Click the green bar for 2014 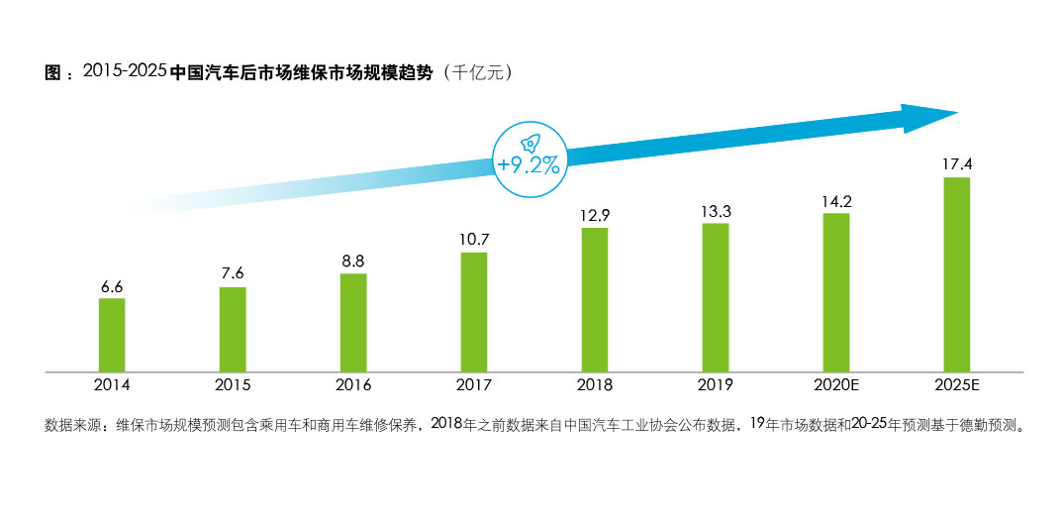pos(112,335)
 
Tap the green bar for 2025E pos(956,274)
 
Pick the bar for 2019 pos(716,297)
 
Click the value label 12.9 pos(595,214)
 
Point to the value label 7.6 pos(233,274)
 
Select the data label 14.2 pos(836,200)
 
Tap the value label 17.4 pos(957,164)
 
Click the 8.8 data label pos(353,261)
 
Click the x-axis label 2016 pos(353,385)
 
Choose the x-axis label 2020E pos(836,385)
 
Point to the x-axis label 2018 pos(595,385)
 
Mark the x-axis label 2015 pos(233,385)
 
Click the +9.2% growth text pos(529,165)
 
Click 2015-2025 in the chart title pos(125,73)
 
